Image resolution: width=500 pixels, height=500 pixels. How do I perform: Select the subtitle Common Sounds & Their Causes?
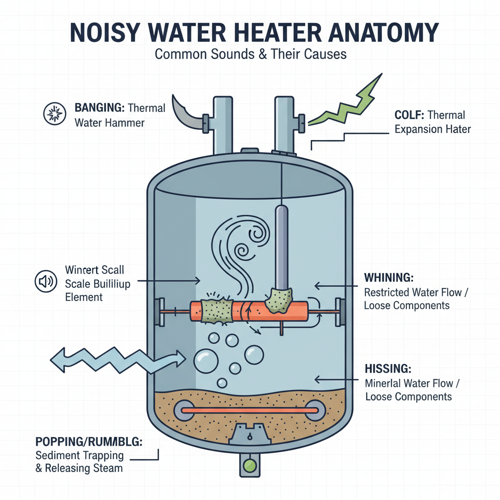pos(250,54)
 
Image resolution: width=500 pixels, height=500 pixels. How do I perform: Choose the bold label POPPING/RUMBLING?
pos(89,442)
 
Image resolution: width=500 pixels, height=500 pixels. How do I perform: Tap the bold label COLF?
pos(409,116)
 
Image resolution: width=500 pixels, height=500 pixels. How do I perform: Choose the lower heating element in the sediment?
pos(249,410)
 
